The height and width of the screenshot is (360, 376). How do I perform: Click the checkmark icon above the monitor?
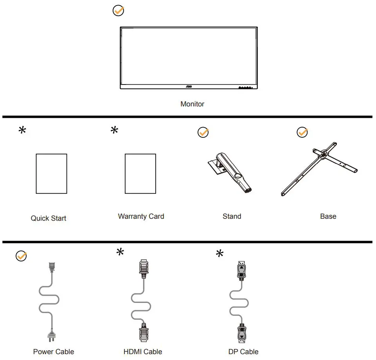point(118,11)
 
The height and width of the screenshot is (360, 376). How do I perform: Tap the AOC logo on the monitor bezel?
point(188,88)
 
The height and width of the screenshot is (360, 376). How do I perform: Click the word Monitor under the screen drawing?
point(192,104)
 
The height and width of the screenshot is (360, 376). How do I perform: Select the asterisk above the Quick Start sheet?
point(23,131)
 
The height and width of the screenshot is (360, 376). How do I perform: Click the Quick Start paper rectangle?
point(51,173)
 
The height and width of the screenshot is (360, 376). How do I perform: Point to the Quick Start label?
point(49,218)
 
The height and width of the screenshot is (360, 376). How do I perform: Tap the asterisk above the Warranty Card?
point(115,130)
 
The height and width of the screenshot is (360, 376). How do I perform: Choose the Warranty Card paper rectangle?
point(140,173)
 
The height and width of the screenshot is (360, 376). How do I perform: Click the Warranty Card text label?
point(141,216)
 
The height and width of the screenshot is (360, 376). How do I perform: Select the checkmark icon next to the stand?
point(203,133)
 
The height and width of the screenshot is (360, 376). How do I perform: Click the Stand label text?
point(232,216)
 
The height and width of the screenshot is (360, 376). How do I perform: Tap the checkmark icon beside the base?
point(302,132)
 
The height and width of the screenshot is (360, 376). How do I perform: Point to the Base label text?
point(328,216)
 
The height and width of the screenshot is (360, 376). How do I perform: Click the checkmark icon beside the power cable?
point(21,256)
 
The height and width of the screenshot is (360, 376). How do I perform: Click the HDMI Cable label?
point(143,352)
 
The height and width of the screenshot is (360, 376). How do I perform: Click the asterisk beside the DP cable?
point(220,254)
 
